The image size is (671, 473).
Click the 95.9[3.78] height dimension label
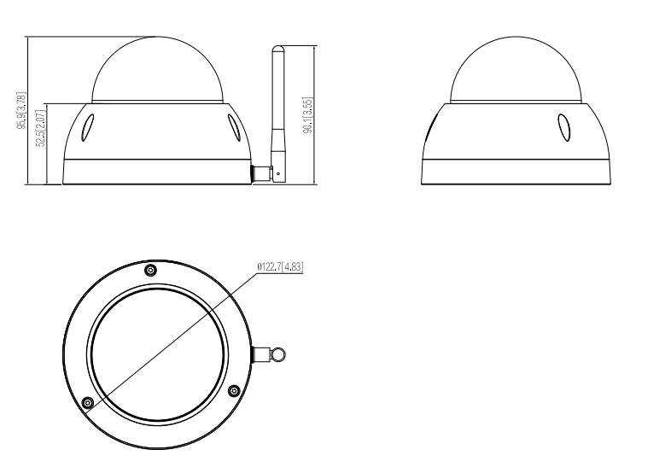(21, 110)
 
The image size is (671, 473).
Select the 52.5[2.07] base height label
(41, 128)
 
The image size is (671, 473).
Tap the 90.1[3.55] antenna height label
(308, 115)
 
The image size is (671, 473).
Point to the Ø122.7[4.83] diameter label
(280, 267)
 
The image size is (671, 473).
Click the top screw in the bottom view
(150, 270)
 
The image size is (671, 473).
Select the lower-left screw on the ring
(88, 402)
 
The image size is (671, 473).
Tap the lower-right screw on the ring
(234, 390)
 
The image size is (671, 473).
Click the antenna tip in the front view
(278, 47)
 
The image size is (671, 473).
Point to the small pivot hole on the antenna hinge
(278, 174)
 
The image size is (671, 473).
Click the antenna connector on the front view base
(261, 174)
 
